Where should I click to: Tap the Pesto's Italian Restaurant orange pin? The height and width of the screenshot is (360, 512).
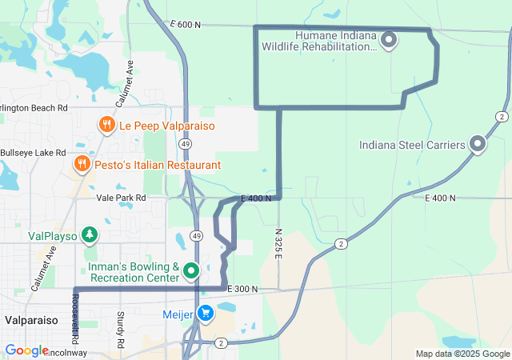[82, 164]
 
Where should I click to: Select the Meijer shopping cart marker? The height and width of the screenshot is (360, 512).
[206, 314]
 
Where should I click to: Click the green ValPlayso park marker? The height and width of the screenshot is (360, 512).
[90, 234]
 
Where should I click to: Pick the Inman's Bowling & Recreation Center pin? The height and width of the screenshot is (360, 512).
[191, 270]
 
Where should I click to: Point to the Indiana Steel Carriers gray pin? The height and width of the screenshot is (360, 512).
[478, 144]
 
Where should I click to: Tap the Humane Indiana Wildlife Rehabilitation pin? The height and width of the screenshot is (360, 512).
[389, 38]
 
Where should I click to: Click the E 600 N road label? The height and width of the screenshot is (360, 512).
[185, 26]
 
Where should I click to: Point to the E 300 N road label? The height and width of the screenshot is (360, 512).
[242, 288]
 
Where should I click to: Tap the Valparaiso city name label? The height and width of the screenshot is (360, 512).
[29, 319]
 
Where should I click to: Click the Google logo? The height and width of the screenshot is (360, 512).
[26, 350]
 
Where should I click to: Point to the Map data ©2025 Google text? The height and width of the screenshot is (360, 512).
[462, 354]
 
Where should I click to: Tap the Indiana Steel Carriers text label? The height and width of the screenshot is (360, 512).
[412, 145]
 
